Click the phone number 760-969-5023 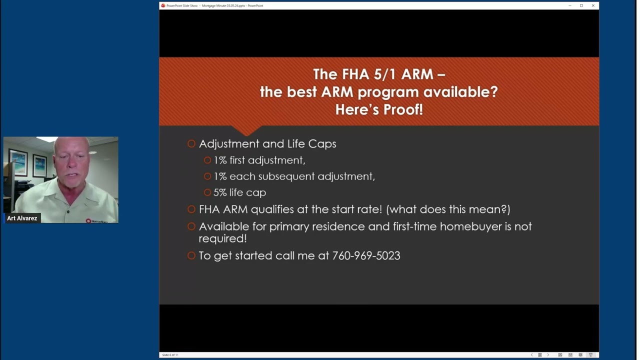(x=366, y=255)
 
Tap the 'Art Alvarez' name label (x=22, y=218)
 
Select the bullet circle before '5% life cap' (x=207, y=192)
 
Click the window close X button (x=593, y=5)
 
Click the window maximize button (x=581, y=5)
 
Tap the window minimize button (x=570, y=5)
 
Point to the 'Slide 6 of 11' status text (x=170, y=355)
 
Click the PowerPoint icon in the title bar (x=163, y=5)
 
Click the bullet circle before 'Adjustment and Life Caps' (x=191, y=144)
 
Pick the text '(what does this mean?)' (x=448, y=209)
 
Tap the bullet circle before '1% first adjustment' (x=207, y=160)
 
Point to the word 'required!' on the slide (x=222, y=238)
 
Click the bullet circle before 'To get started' (x=191, y=255)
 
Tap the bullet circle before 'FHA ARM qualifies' (x=191, y=209)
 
